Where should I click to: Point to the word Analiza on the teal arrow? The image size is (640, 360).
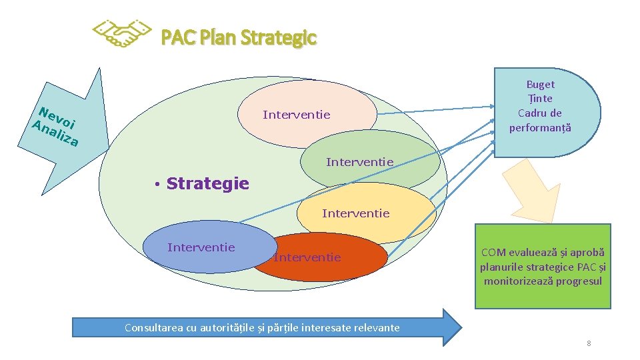56,133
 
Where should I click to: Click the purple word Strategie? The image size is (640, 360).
207,183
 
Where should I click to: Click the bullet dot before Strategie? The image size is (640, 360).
155,184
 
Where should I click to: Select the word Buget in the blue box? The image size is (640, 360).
540,85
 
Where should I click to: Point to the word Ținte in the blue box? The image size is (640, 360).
540,99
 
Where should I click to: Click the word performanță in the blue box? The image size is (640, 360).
540,127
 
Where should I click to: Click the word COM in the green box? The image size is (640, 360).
493,253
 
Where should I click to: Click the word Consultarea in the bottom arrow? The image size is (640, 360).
155,327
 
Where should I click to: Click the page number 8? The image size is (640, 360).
589,343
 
